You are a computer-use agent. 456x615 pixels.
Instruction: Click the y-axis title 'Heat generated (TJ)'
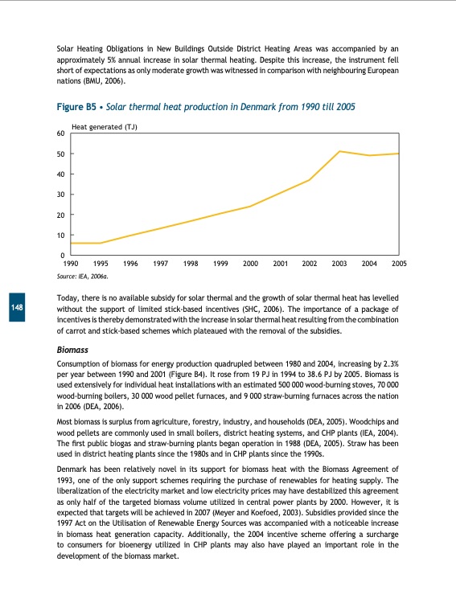tap(105, 126)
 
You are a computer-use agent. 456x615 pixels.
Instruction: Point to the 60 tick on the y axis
tap(60, 133)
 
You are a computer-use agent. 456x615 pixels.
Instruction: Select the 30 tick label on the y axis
tap(60, 195)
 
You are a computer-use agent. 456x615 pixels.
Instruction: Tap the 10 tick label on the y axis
tap(60, 236)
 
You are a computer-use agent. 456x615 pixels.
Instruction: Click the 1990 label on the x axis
tap(71, 264)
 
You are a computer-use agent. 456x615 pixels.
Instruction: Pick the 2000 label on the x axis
tap(250, 264)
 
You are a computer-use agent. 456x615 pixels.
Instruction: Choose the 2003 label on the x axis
tap(339, 264)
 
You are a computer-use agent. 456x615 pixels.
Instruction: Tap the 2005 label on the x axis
tap(399, 264)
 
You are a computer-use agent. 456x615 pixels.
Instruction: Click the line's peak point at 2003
tap(339, 151)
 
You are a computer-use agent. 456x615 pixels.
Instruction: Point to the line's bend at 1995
tap(101, 243)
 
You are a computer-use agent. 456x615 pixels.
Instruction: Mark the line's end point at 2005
tap(399, 154)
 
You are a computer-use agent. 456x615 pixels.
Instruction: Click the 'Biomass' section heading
tap(72, 351)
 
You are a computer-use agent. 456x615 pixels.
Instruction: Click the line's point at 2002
tap(310, 180)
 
